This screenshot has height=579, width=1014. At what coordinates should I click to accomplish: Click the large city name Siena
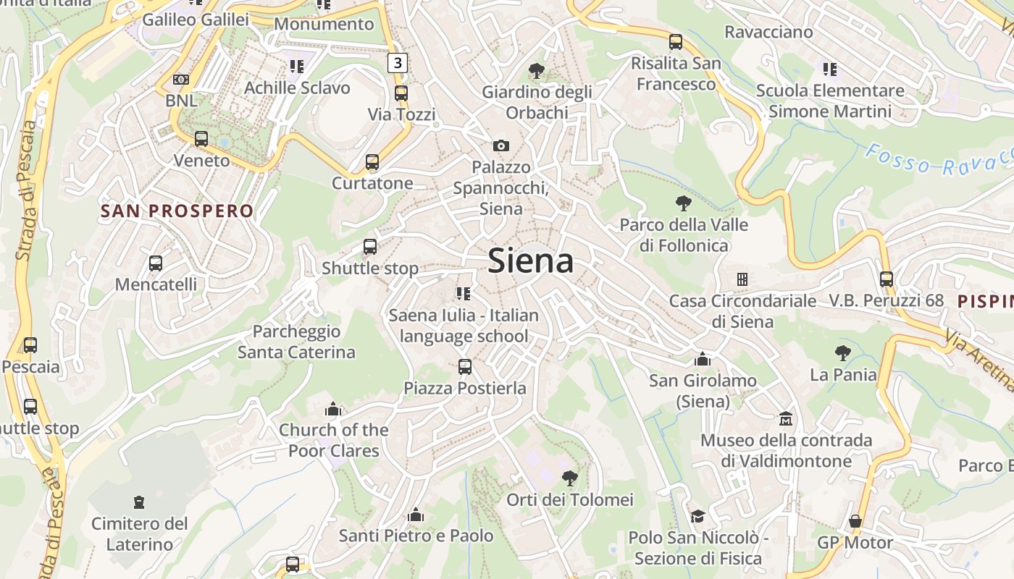click(x=531, y=261)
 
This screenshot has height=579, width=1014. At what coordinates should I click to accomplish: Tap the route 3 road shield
click(x=397, y=63)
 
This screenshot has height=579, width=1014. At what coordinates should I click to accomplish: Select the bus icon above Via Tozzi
click(x=401, y=93)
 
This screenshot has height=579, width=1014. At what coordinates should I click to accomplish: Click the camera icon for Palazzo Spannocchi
click(x=500, y=146)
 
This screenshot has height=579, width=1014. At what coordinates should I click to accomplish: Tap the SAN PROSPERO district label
click(x=177, y=211)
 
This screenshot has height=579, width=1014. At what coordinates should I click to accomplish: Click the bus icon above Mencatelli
click(x=156, y=263)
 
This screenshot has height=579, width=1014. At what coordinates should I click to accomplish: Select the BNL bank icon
click(x=181, y=80)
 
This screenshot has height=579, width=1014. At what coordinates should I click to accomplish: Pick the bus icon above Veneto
click(x=201, y=139)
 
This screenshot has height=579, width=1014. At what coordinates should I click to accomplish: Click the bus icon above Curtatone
click(x=372, y=162)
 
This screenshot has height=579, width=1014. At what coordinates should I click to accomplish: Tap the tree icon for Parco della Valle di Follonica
click(x=683, y=203)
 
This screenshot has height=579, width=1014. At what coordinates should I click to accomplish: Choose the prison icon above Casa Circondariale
click(x=742, y=279)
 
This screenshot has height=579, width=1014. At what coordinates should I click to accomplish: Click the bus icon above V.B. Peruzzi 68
click(x=886, y=279)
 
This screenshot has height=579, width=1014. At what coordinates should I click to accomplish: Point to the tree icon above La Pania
click(x=842, y=353)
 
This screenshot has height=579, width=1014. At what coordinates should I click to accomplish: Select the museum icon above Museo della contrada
click(x=785, y=418)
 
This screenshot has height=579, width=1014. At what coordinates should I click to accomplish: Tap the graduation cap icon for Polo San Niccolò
click(x=697, y=516)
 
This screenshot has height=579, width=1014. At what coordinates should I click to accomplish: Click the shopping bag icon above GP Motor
click(x=855, y=521)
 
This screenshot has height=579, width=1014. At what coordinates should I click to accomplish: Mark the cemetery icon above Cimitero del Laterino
click(x=138, y=502)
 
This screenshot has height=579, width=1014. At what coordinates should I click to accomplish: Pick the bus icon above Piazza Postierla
click(x=465, y=367)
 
